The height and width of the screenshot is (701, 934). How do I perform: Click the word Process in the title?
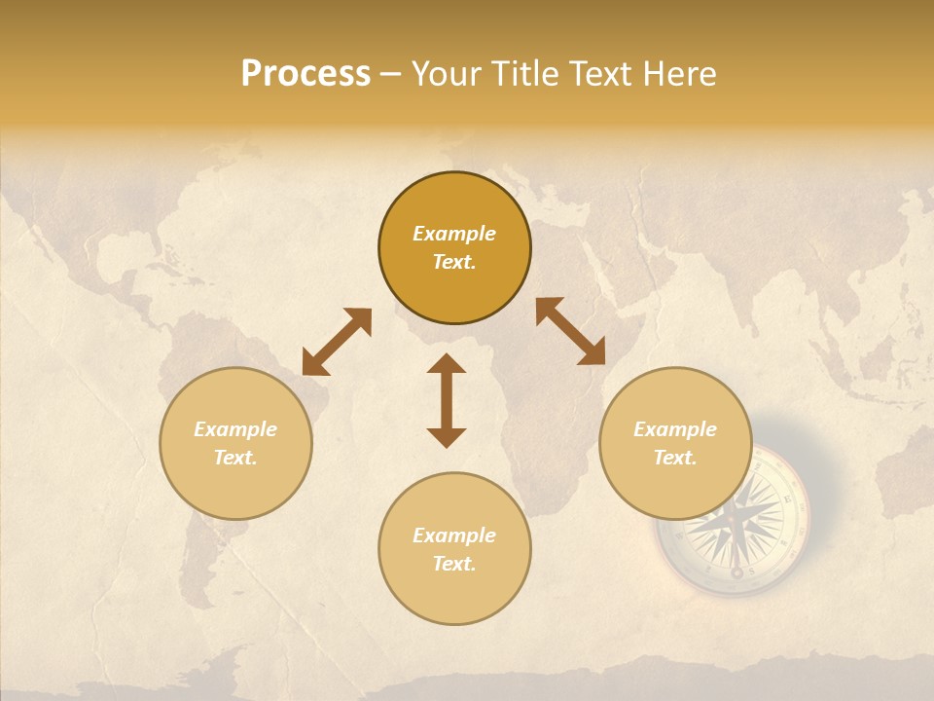[x=305, y=74]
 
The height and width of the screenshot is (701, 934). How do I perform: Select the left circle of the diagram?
[x=235, y=443]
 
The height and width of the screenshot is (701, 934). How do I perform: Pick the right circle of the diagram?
[x=675, y=443]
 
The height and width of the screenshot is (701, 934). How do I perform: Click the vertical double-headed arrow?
[x=447, y=400]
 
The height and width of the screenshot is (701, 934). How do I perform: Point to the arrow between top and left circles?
[x=337, y=342]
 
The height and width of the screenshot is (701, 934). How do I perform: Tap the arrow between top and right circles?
[x=570, y=331]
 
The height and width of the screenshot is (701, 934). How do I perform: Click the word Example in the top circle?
[x=454, y=234]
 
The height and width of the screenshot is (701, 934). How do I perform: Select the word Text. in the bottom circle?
[x=454, y=564]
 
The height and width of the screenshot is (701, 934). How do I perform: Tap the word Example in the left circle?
[x=235, y=429]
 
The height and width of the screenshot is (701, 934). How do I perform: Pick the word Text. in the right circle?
[x=675, y=458]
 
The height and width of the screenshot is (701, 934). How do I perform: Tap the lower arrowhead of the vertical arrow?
[x=447, y=437]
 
